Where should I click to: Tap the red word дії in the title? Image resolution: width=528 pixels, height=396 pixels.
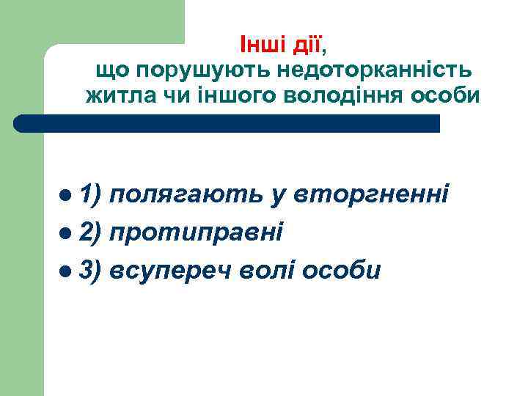pyautogui.click(x=306, y=45)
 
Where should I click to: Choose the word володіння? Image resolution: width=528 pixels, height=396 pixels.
pyautogui.click(x=331, y=96)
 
